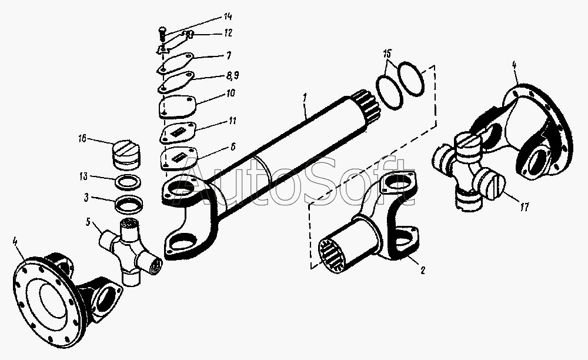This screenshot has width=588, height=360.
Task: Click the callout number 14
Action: pyautogui.click(x=228, y=16)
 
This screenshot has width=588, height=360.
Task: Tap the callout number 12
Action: pyautogui.click(x=228, y=33)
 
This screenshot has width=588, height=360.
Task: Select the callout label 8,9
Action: pyautogui.click(x=232, y=76)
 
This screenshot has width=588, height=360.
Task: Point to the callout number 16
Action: pyautogui.click(x=82, y=138)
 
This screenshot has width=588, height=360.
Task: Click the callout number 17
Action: pyautogui.click(x=524, y=206)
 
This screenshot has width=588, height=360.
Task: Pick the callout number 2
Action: pyautogui.click(x=423, y=270)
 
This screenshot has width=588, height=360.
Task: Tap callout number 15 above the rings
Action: pyautogui.click(x=387, y=54)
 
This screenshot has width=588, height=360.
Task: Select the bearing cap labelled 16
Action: pyautogui.click(x=125, y=155)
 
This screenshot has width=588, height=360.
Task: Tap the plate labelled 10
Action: pyautogui.click(x=178, y=107)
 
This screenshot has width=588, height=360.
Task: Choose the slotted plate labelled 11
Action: pyautogui.click(x=178, y=132)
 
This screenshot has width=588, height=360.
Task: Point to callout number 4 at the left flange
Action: pyautogui.click(x=15, y=241)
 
